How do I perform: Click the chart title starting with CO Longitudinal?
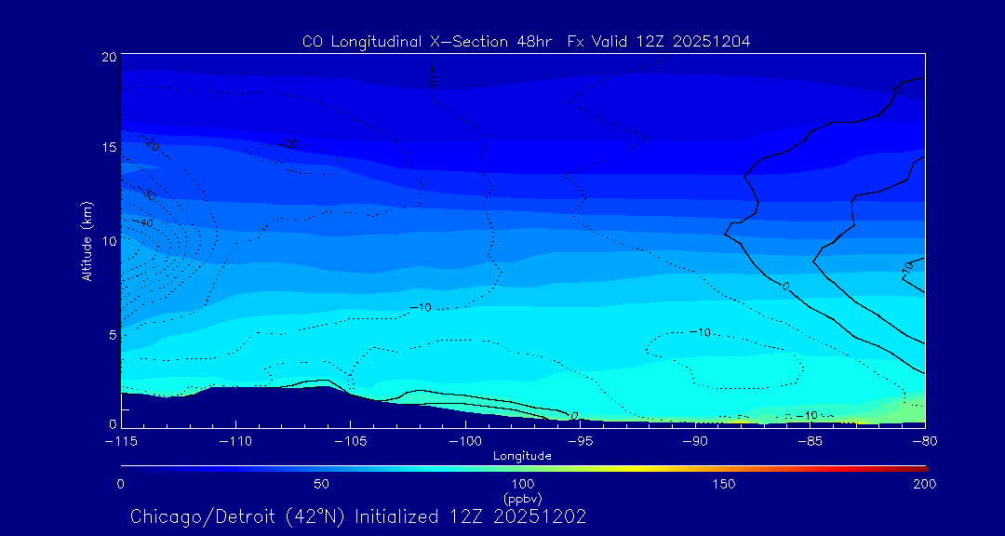pyautogui.click(x=526, y=41)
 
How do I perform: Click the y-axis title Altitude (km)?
pyautogui.click(x=87, y=241)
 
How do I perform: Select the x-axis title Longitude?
pyautogui.click(x=522, y=456)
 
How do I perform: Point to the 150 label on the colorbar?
pyautogui.click(x=723, y=484)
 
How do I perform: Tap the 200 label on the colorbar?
pyautogui.click(x=924, y=484)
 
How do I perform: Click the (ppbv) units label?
pyautogui.click(x=522, y=498)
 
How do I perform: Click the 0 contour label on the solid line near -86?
pyautogui.click(x=785, y=286)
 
